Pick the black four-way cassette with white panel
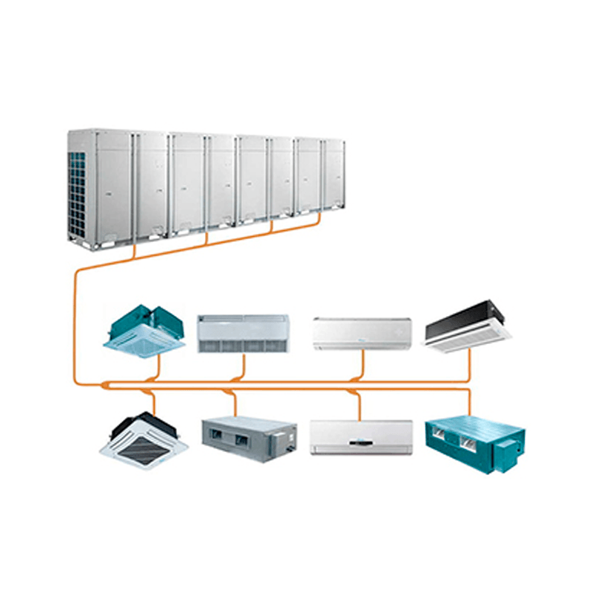(x=144, y=441)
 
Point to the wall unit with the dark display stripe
(x=361, y=437)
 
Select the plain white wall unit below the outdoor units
(x=362, y=333)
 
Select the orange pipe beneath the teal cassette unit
(x=158, y=369)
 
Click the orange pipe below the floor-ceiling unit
(x=243, y=366)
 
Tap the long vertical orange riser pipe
(x=77, y=326)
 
